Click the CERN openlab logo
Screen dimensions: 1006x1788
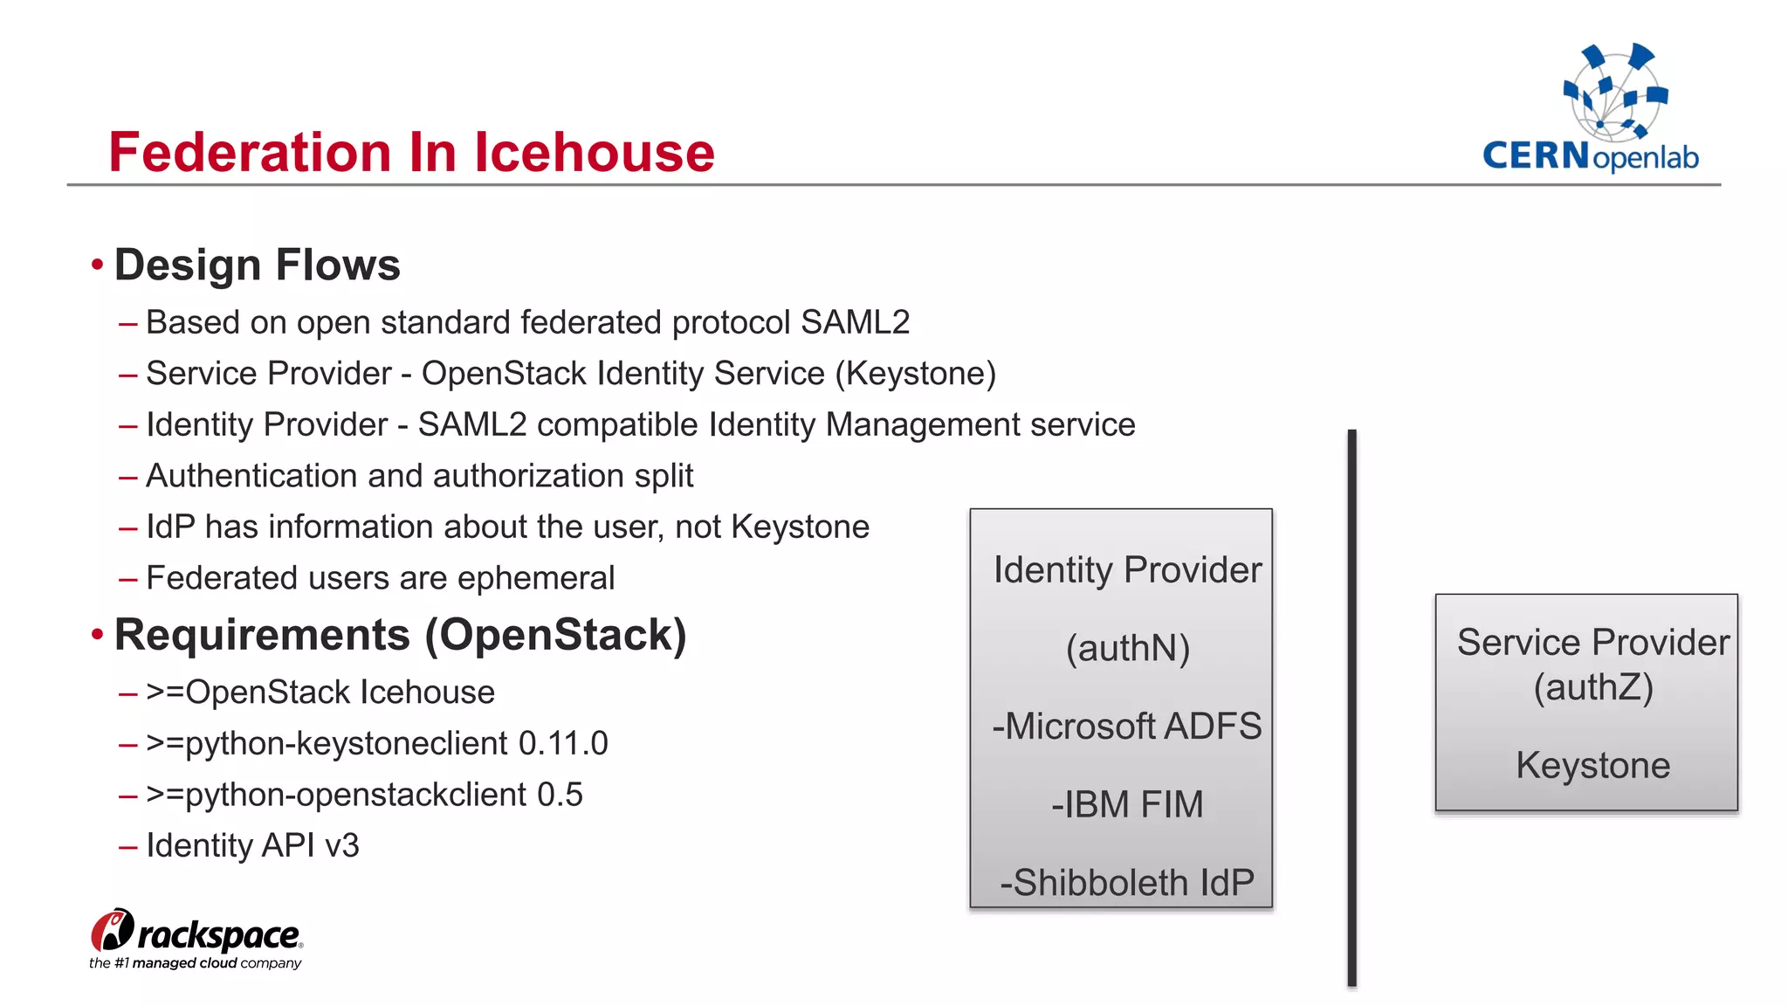tap(1591, 108)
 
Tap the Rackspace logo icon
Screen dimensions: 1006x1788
tap(113, 931)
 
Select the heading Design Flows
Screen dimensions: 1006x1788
tap(257, 265)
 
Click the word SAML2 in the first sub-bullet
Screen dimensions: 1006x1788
tap(855, 322)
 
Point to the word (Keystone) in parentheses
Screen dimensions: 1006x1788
tap(915, 374)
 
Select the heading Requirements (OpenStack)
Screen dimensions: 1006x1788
tap(400, 635)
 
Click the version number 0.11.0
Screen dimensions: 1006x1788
tap(563, 743)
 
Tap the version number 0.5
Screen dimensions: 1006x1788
tap(560, 795)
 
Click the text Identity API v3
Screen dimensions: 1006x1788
tap(252, 845)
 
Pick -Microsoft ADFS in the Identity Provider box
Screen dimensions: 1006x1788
tap(1126, 727)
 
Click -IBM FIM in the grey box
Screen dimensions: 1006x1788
tap(1126, 804)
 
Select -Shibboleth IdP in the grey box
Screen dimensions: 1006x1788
tap(1126, 883)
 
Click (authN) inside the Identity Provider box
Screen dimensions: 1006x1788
tap(1127, 649)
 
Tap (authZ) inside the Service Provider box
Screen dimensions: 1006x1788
tap(1593, 687)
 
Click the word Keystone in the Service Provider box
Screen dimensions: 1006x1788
tap(1592, 766)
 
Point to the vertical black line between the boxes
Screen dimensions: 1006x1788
tap(1351, 707)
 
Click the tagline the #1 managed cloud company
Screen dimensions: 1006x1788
tap(195, 963)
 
